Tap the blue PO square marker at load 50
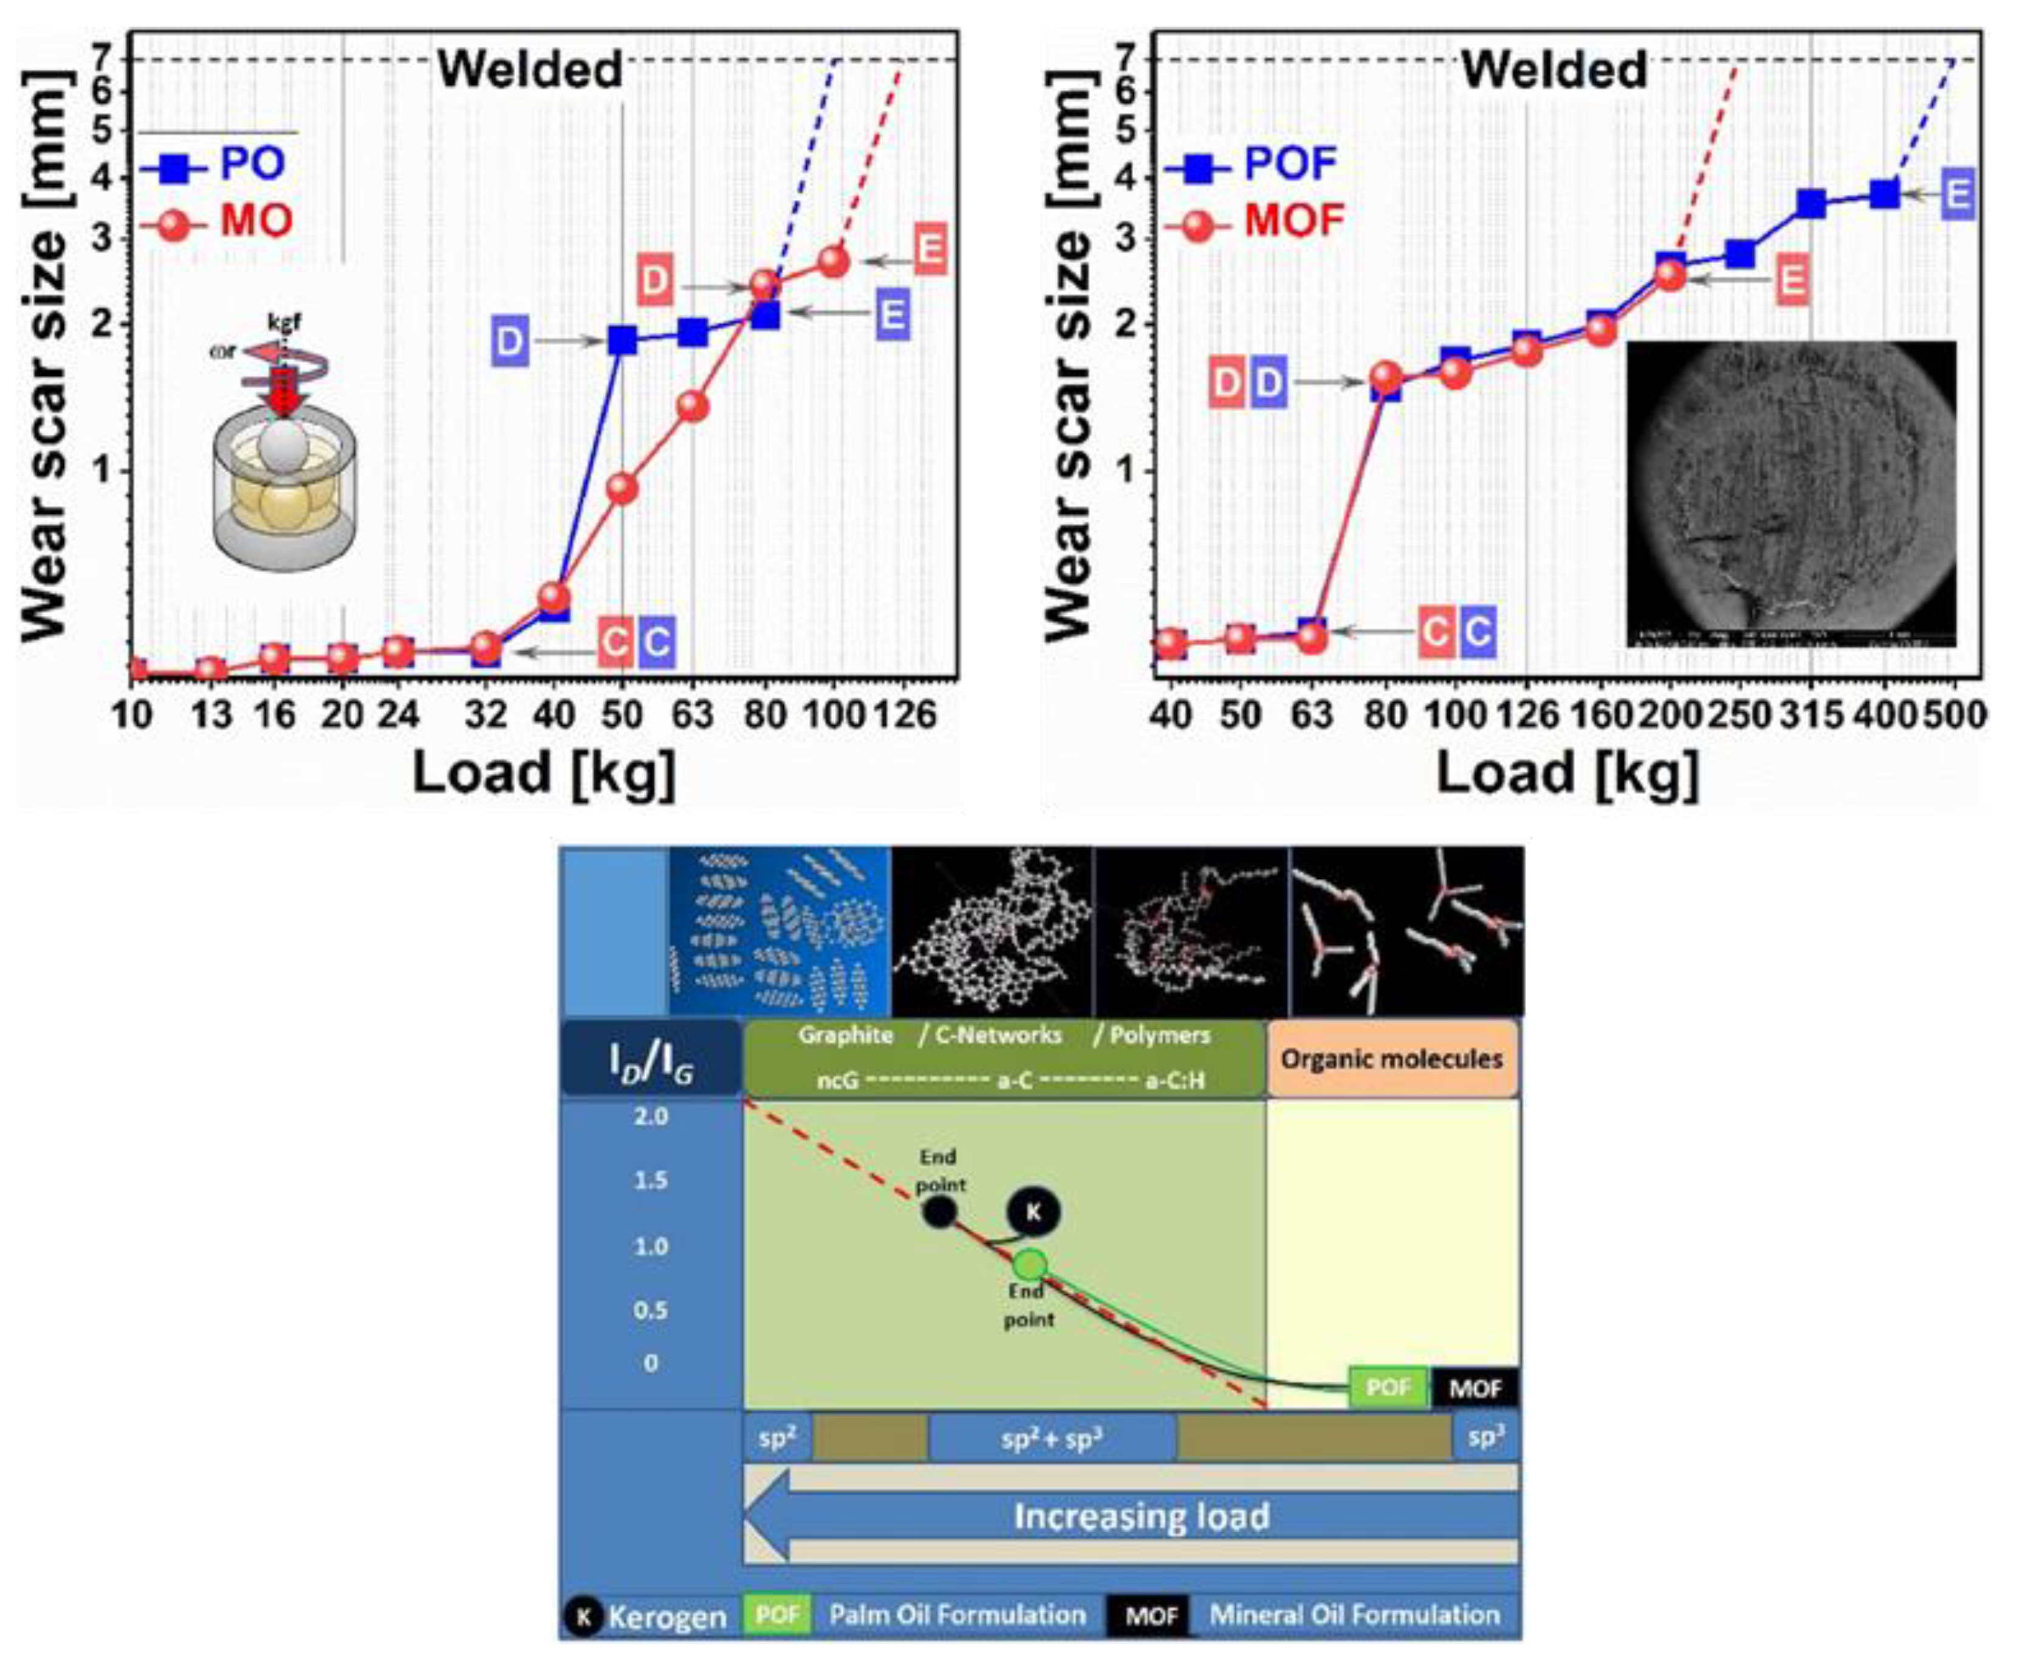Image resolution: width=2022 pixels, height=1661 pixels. click(x=622, y=339)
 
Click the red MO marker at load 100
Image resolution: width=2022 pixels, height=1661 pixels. click(x=834, y=261)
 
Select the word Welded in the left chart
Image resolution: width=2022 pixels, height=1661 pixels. click(x=530, y=70)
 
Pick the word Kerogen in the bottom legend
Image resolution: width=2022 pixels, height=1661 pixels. click(x=667, y=1618)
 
